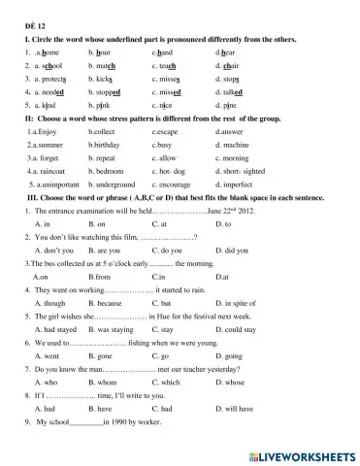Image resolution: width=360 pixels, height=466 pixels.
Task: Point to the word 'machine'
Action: (230, 155)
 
